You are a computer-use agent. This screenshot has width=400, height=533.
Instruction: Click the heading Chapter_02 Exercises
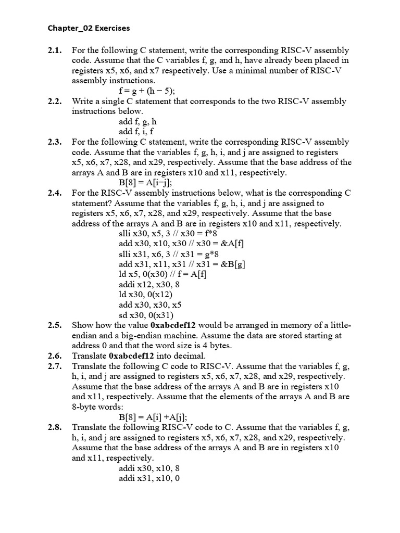[89, 28]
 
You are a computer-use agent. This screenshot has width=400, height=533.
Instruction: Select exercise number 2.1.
[55, 50]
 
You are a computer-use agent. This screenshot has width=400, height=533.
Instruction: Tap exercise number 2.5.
[55, 325]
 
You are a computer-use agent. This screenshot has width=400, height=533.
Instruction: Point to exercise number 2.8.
[55, 427]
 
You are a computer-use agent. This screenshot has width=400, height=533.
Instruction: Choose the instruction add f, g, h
[138, 121]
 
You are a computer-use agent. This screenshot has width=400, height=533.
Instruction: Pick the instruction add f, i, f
[136, 132]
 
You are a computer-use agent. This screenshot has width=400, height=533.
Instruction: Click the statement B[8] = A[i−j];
[145, 183]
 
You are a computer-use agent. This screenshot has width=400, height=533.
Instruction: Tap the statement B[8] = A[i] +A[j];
[153, 417]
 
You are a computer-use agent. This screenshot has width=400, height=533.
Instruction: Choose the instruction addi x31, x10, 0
[149, 478]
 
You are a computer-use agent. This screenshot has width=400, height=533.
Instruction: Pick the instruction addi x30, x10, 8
[149, 468]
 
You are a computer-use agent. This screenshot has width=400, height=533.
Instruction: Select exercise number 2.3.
[55, 142]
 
